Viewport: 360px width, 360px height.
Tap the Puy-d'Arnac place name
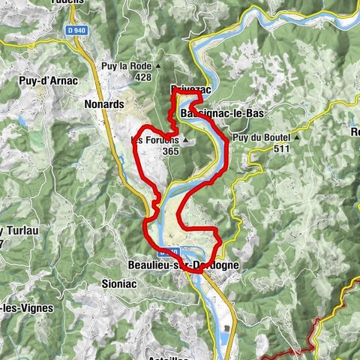[x=39, y=76]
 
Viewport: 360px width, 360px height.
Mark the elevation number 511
[x=282, y=148]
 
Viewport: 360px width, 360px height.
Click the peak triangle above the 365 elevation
[x=185, y=140]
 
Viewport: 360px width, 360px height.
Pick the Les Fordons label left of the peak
[x=154, y=139]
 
